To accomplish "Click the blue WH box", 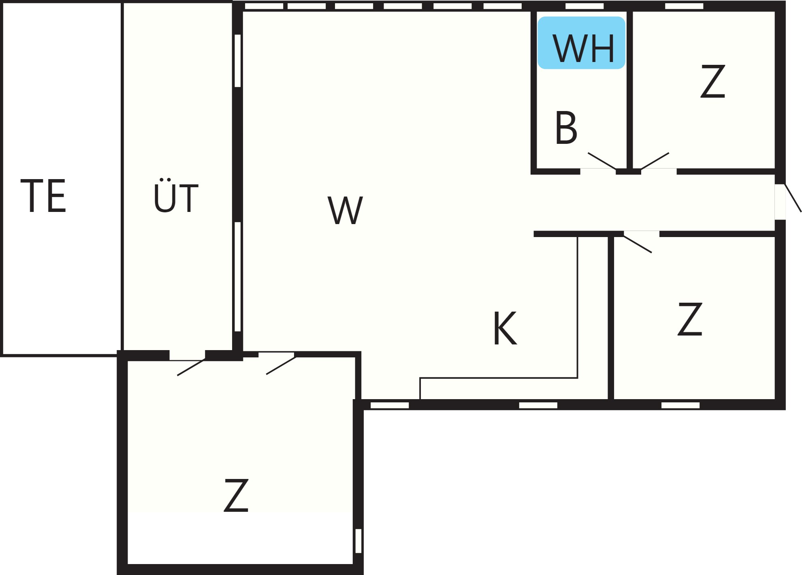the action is pos(581,43).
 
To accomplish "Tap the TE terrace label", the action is pos(43,196).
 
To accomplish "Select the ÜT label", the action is pos(176,195).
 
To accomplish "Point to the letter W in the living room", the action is pos(345,210).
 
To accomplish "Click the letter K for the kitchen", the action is pos(505,328).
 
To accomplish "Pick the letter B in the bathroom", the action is pos(566,127).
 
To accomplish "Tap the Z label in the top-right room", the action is pos(713,81).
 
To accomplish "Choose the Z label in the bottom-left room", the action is pos(236,495).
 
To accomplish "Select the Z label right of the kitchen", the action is pos(690,319).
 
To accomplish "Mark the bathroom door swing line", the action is pos(602,161).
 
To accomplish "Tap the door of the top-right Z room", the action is pos(655,161).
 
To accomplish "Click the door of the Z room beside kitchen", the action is pos(638,244).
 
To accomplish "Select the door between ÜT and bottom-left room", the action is pos(191,367).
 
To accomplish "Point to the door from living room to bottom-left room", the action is pos(281,366).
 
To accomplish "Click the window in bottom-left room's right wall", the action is pos(358,541).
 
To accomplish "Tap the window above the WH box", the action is pos(584,6).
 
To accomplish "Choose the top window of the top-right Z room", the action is pos(684,6).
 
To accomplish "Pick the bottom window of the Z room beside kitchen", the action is pos(680,405).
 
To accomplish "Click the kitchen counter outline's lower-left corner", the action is pos(420,399).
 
